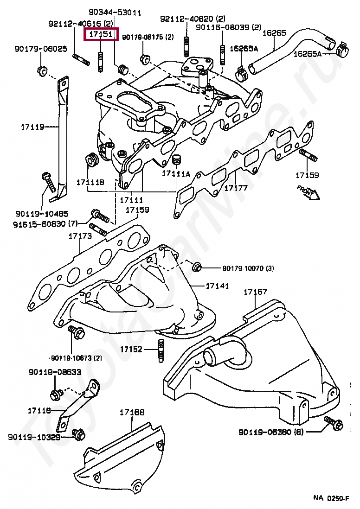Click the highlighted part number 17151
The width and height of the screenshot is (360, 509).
coord(101,34)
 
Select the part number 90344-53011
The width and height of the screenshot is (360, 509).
coord(115,13)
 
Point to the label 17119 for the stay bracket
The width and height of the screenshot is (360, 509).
coord(32,126)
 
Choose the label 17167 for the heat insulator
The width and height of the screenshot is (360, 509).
coord(255,292)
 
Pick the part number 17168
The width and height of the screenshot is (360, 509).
coord(132,412)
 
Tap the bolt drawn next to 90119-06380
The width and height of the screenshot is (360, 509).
coord(334,423)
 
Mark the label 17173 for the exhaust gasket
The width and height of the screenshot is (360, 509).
coord(80,236)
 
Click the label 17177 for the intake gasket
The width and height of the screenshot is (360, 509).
coord(236,188)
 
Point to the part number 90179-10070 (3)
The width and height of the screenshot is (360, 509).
coord(248,268)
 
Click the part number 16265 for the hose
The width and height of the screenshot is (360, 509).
coord(274,33)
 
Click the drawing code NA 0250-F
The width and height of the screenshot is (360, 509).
coord(331,498)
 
